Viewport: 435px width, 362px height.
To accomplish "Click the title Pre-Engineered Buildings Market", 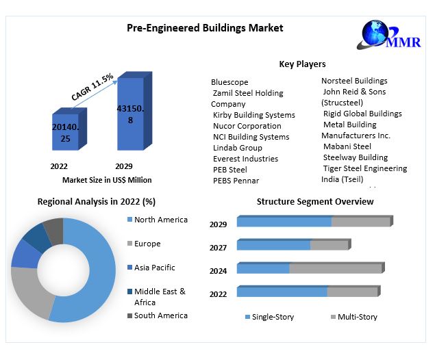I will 205,28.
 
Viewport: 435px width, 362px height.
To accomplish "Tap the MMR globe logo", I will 376,33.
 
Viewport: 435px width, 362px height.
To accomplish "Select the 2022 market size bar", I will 66,132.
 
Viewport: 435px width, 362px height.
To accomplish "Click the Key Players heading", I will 302,64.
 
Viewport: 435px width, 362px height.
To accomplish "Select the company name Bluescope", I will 229,82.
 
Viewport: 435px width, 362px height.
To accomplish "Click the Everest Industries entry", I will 245,159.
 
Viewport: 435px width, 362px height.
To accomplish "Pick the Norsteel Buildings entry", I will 354,81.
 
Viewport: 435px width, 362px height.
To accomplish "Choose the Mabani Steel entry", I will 347,146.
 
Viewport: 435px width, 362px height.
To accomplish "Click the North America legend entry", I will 160,220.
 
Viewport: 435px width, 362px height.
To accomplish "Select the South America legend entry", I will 160,315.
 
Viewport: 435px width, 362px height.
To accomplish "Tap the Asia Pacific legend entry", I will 154,268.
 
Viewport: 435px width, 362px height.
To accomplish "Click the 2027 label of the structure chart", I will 218,248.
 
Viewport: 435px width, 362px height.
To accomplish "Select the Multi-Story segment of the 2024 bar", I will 335,268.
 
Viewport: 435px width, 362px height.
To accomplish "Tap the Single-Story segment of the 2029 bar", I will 284,222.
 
